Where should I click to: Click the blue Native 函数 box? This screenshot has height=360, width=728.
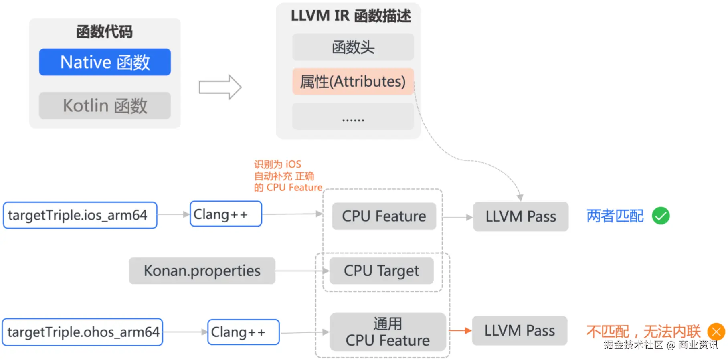(x=105, y=62)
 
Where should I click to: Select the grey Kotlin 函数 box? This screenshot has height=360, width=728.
(x=105, y=106)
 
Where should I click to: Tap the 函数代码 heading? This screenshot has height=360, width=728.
(x=104, y=32)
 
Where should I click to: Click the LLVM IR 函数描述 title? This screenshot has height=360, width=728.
(x=350, y=16)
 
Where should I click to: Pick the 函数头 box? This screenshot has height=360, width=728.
(x=353, y=47)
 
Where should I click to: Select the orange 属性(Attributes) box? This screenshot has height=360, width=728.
(x=353, y=81)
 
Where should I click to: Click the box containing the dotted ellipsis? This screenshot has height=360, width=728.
(x=353, y=117)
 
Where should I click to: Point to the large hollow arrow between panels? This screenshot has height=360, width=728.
(x=220, y=87)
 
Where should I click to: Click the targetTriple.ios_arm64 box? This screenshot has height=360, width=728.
(x=80, y=215)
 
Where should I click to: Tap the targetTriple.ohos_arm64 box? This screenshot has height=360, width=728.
(x=83, y=332)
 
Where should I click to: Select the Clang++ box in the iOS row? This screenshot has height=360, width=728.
(x=226, y=214)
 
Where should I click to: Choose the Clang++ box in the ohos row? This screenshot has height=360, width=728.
(x=243, y=332)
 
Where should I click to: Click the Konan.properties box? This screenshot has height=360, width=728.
(x=202, y=271)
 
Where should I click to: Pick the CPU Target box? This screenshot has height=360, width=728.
(x=381, y=271)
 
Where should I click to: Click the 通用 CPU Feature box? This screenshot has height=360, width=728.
(x=387, y=332)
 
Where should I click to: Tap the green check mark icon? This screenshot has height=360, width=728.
(x=661, y=216)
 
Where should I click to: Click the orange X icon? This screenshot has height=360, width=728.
(x=716, y=332)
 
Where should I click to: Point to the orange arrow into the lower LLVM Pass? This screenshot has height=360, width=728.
(x=460, y=331)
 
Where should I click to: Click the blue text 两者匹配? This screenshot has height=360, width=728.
(x=615, y=216)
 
